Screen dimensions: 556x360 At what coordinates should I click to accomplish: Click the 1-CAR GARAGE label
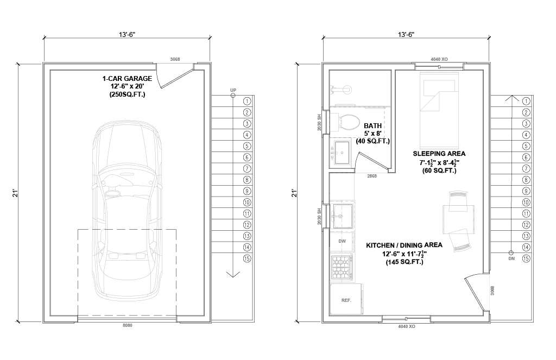click(x=127, y=78)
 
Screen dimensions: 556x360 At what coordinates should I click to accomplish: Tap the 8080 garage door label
click(x=127, y=325)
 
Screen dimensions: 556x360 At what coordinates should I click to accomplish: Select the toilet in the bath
click(x=344, y=122)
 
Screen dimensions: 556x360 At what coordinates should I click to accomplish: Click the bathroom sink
click(x=342, y=153)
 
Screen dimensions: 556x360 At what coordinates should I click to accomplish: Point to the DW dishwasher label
click(x=342, y=241)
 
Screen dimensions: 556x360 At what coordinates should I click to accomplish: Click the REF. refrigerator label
click(x=346, y=300)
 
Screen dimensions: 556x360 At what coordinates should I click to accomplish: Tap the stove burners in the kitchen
click(x=342, y=268)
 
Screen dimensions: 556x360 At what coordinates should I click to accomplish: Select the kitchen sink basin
click(x=343, y=216)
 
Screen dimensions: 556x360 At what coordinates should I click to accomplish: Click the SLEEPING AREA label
click(x=439, y=154)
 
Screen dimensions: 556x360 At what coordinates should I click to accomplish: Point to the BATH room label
click(x=372, y=125)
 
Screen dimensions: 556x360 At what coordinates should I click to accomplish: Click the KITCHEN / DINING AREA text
click(x=404, y=245)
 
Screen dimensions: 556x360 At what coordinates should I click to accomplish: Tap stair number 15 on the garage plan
click(x=247, y=258)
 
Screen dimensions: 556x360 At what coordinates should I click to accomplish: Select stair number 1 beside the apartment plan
click(x=526, y=101)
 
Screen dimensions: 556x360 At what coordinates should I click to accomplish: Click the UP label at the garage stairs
click(x=233, y=90)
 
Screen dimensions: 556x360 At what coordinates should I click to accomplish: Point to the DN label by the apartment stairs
click(x=511, y=258)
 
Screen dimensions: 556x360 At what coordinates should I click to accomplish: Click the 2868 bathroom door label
click(x=372, y=176)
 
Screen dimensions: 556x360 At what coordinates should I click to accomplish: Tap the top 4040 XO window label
click(x=439, y=59)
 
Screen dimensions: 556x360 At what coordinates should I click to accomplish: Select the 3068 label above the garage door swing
click(x=175, y=59)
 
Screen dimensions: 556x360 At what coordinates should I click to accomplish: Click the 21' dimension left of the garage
click(x=15, y=193)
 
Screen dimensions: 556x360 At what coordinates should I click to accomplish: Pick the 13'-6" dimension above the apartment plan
click(x=406, y=34)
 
